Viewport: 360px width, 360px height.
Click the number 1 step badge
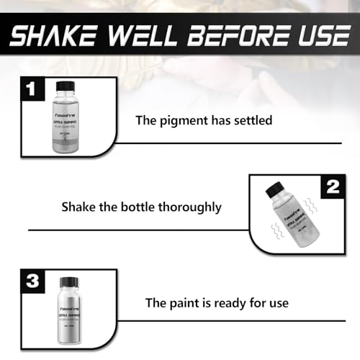pyautogui.click(x=29, y=91)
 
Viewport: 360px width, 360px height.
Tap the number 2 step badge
pyautogui.click(x=332, y=188)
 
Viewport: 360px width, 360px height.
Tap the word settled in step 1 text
pyautogui.click(x=251, y=120)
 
